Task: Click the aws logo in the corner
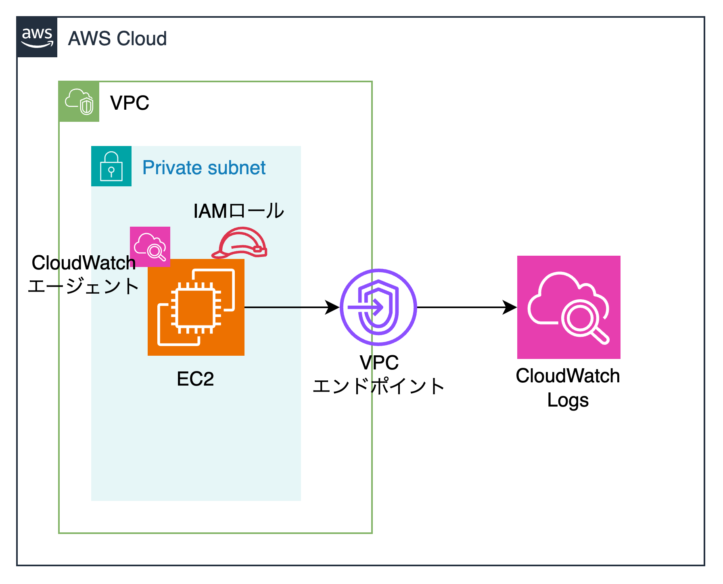tap(37, 37)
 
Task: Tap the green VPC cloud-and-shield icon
tap(79, 102)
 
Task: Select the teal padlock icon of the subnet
tap(111, 166)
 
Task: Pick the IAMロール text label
tap(238, 211)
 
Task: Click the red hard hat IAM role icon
tap(240, 243)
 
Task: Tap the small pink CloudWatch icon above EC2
tap(150, 246)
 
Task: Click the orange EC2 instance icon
tap(196, 307)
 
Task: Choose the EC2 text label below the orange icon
tap(195, 379)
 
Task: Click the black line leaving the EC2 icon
tap(273, 307)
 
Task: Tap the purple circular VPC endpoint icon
tap(378, 307)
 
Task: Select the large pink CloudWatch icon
tap(569, 307)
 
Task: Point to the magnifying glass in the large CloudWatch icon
tap(583, 321)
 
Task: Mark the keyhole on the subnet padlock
tap(111, 171)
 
